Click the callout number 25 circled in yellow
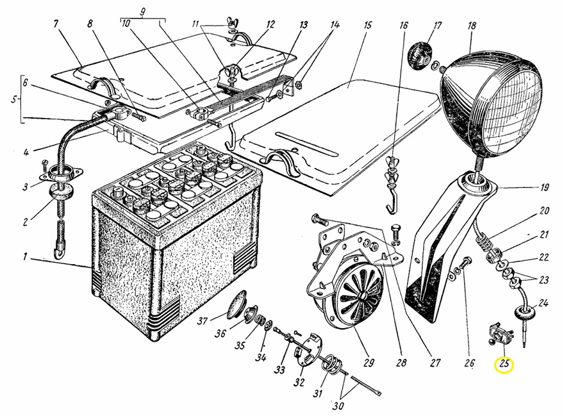(x=504, y=365)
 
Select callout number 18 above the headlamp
(x=472, y=26)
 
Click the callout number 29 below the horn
(x=369, y=363)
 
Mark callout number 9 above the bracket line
(x=143, y=11)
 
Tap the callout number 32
(x=299, y=383)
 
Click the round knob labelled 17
(x=421, y=51)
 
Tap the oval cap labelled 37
(x=237, y=301)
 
